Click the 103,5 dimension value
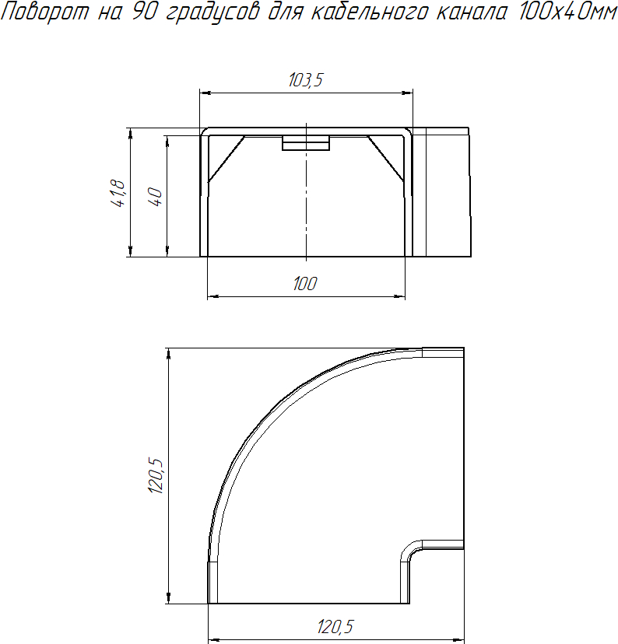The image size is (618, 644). [306, 80]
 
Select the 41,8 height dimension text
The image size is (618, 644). [118, 193]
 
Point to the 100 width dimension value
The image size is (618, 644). [305, 284]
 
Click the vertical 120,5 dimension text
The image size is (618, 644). [156, 476]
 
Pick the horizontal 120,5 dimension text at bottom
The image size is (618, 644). [335, 627]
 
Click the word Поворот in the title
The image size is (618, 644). [44, 12]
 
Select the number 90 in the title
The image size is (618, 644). [143, 12]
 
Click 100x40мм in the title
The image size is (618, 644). [567, 12]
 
